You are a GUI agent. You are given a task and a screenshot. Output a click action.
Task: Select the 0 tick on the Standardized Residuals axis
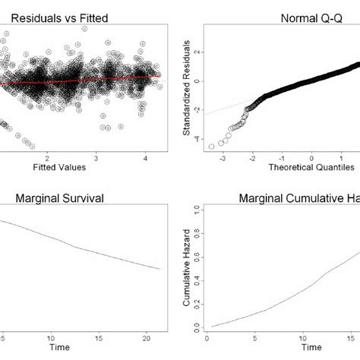pos(197,81)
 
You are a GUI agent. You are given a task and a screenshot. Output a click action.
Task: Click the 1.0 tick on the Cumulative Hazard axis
pos(197,207)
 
